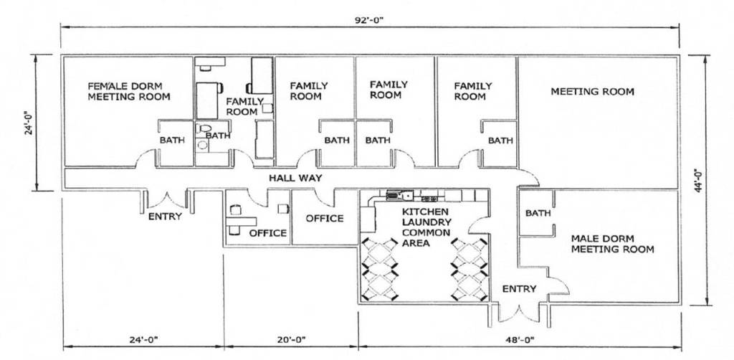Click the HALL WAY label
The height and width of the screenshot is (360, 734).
[x=295, y=178]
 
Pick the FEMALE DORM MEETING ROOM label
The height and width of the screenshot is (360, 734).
[x=129, y=91]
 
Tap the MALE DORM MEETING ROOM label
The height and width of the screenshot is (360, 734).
[x=612, y=244]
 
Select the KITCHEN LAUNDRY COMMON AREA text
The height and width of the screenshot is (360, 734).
[x=425, y=227]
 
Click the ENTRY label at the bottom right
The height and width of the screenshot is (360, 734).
[x=519, y=289]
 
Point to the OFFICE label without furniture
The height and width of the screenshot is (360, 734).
[x=325, y=218]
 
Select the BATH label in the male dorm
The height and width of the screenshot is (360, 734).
[x=538, y=213]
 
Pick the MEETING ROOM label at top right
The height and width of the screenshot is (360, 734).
[x=592, y=92]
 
